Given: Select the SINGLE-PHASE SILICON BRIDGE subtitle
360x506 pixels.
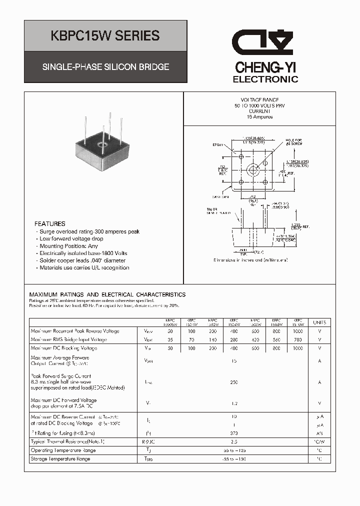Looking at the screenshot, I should point(105,67).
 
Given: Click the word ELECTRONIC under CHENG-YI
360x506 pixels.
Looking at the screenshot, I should point(265,79).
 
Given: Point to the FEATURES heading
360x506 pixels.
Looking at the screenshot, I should point(50,224).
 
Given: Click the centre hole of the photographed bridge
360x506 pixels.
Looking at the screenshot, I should point(103,147).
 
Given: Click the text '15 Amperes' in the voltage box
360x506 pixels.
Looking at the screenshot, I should point(260,117).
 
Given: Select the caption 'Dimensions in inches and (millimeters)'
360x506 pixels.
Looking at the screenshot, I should point(250,260).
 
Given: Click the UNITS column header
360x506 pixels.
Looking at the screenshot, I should point(319,322).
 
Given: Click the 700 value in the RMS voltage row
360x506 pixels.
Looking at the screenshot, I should point(298,339).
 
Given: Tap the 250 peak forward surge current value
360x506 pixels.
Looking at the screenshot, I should point(234,382).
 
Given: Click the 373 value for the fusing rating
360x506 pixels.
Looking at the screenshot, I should point(234,433).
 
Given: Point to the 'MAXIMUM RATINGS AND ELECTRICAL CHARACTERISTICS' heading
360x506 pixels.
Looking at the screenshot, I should point(107,295).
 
